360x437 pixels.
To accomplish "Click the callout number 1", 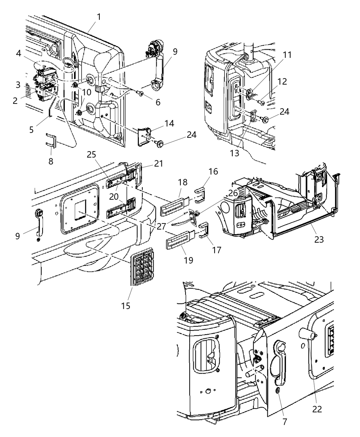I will coord(99,16).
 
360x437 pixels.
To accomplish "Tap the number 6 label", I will coord(158,102).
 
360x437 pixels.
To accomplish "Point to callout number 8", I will coord(51,161).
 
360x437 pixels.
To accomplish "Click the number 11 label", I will coord(287,55).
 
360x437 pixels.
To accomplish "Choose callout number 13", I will coord(234,153).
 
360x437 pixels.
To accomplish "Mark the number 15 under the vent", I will coord(126,305).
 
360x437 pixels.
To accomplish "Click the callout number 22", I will coord(317,409).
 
